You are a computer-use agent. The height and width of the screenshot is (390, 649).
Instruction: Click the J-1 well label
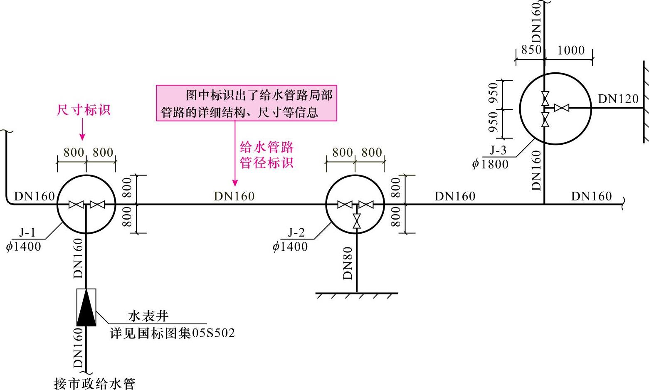[27, 232]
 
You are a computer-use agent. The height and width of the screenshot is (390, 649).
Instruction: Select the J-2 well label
[296, 232]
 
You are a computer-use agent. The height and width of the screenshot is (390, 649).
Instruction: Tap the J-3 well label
[498, 150]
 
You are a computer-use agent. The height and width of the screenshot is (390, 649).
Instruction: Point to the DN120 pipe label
[618, 99]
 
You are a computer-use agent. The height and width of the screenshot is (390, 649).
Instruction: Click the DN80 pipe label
[348, 263]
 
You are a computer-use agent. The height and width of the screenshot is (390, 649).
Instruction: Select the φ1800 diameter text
[490, 164]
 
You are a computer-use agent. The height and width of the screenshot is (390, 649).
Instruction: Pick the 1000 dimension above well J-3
[570, 50]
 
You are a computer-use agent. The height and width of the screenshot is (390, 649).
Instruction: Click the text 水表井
[148, 316]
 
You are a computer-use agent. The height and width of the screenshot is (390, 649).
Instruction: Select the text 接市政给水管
[95, 383]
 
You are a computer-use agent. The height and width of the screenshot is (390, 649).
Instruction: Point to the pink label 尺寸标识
[83, 110]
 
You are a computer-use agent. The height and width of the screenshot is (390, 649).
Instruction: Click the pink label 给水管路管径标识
[267, 155]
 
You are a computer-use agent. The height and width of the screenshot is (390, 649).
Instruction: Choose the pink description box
[246, 103]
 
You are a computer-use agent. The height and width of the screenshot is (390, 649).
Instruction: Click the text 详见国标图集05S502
[172, 333]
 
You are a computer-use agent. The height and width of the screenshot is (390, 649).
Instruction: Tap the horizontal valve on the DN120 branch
[561, 108]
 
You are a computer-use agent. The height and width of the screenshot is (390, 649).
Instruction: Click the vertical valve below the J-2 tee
[356, 221]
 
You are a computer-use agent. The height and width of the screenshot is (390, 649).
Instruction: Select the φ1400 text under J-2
[290, 247]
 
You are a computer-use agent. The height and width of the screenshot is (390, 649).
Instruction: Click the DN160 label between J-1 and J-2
[234, 196]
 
